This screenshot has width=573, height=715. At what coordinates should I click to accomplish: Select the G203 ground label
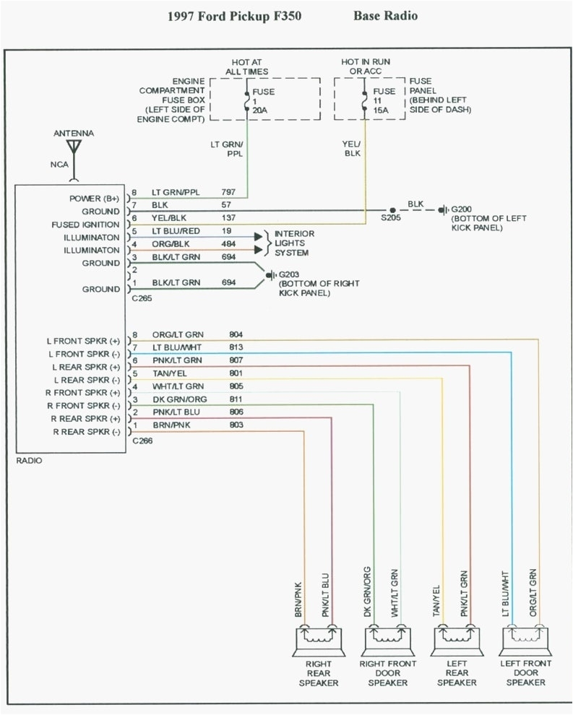coord(288,275)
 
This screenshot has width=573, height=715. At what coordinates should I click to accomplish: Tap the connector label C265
coord(141,298)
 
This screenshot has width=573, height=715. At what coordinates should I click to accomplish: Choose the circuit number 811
coord(236,399)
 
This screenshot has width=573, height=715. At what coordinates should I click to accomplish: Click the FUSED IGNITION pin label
coord(85,225)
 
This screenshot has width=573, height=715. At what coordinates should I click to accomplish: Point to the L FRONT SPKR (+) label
coord(84,341)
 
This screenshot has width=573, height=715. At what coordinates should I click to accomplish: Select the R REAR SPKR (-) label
coord(85,431)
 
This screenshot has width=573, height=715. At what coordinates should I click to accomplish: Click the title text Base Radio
coord(385,15)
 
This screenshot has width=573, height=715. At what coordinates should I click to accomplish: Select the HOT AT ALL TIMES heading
coord(246,66)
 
